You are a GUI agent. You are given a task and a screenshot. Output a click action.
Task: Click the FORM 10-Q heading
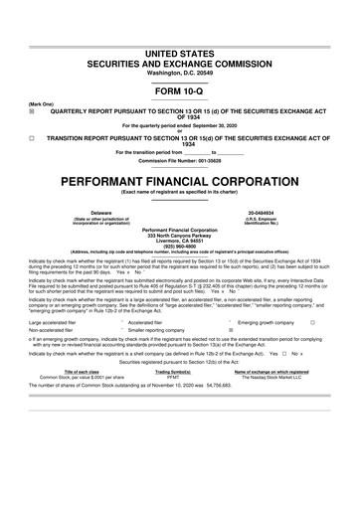click(179, 90)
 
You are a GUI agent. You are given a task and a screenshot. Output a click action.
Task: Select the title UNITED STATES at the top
click(179, 51)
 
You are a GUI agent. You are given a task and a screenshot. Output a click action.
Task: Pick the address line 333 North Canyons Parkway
click(179, 235)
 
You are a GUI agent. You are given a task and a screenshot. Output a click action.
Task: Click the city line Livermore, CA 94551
click(179, 241)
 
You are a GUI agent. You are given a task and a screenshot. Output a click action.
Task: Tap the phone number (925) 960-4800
click(179, 247)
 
